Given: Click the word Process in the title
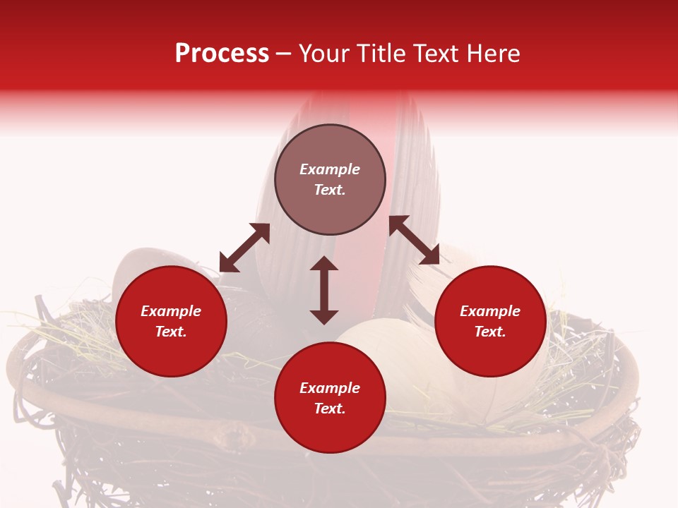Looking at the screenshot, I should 222,54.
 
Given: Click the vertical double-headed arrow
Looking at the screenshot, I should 324,290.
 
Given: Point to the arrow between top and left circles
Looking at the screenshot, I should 244,248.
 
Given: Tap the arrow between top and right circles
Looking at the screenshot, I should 414,240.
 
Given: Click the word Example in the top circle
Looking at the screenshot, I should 330,169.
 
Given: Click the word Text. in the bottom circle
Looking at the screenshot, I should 330,409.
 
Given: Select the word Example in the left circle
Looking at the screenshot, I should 171,311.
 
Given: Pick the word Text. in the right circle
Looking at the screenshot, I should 490,332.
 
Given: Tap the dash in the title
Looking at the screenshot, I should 284,54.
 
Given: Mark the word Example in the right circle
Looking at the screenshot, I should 490,311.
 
